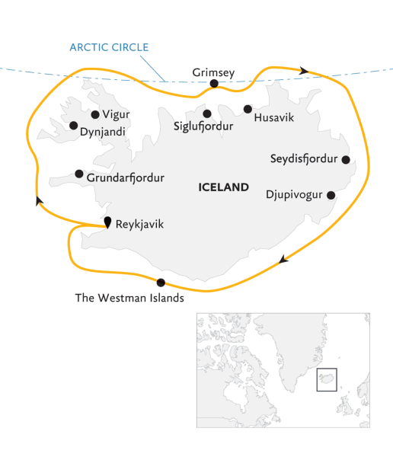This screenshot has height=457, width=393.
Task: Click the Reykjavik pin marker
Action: (107, 222)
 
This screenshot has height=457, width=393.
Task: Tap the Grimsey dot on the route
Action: (214, 84)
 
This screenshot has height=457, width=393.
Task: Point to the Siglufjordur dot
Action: (207, 113)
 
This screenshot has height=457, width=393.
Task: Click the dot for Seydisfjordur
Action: (346, 160)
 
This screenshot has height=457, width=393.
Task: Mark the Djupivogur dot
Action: (331, 195)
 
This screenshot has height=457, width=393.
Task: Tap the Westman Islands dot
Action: (160, 283)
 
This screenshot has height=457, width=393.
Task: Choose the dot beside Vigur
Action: (95, 115)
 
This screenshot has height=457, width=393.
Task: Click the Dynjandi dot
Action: (73, 126)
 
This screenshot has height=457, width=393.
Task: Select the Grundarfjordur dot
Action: (79, 174)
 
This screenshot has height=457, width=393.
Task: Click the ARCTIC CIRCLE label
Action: (109, 47)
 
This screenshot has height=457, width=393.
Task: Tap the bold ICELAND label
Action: (223, 187)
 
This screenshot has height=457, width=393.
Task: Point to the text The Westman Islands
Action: (129, 299)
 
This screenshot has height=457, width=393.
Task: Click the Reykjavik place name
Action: (139, 225)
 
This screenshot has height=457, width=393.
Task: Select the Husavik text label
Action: (273, 118)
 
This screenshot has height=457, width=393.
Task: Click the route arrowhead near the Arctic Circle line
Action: (305, 71)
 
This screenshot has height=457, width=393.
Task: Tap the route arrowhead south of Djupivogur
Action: (283, 260)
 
